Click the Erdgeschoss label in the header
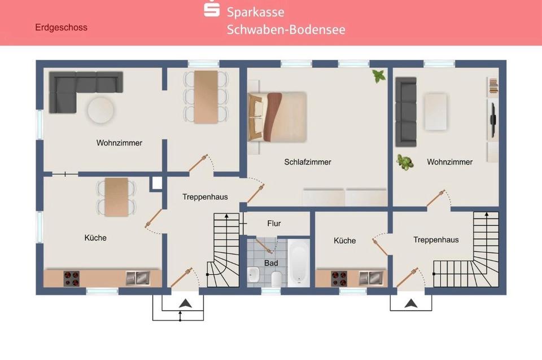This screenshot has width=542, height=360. point(61,27)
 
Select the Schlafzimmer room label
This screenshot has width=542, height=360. point(307,162)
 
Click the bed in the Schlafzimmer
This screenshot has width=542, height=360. point(278,116)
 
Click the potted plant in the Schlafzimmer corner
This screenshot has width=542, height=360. point(378,76)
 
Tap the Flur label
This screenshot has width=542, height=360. point(274,223)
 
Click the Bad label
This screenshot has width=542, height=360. point(271,264)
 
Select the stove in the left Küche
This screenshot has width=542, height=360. point(72,278)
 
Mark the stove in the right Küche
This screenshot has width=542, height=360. point(339,278)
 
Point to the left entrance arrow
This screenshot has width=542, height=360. point(184,304)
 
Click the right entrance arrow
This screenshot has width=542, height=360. point(411,304)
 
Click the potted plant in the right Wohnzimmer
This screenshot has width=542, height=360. point(404,161)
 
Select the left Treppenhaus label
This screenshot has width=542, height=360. point(205,197)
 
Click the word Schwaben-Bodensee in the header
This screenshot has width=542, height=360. point(286,29)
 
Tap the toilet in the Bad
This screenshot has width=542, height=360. point(276,278)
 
